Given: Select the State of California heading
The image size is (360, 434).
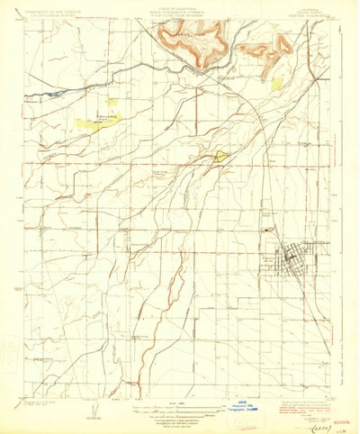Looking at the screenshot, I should (x=180, y=7).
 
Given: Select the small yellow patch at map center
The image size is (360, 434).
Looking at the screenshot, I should (x=220, y=158).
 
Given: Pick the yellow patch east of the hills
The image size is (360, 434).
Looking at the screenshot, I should (x=277, y=83).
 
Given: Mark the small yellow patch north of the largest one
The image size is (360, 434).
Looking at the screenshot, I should (x=112, y=101).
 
